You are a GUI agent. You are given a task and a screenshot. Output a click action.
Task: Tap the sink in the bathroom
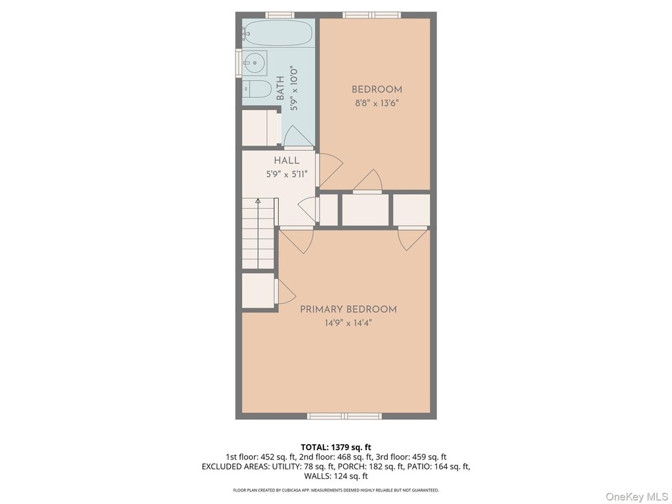pos(255,64)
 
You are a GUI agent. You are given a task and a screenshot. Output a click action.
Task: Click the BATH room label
pos(280,88)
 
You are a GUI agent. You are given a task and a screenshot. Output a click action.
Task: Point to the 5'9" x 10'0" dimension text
pos(293,89)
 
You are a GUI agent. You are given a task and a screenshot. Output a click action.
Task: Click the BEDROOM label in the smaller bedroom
pos(377,89)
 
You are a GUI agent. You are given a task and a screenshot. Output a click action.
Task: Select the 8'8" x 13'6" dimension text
pos(377,103)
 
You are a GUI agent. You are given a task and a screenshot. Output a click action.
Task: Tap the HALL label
pos(287,161)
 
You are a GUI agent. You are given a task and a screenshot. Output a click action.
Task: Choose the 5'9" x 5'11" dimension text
pos(287,175)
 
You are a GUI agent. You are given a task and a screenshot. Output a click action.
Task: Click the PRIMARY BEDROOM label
pos(348,310)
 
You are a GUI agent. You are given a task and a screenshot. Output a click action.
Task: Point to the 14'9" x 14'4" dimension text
pos(348,323)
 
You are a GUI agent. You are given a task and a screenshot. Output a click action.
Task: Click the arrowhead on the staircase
pos(258,200)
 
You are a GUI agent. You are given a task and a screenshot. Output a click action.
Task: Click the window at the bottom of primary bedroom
pos(345,415)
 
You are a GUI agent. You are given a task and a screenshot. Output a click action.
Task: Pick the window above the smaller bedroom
pos(371,16)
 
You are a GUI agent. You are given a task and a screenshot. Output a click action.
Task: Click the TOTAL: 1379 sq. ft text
pos(336,448)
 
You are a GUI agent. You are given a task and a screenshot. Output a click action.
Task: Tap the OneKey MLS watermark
pos(637,497)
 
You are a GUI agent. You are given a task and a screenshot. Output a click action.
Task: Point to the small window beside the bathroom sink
pos(238,64)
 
